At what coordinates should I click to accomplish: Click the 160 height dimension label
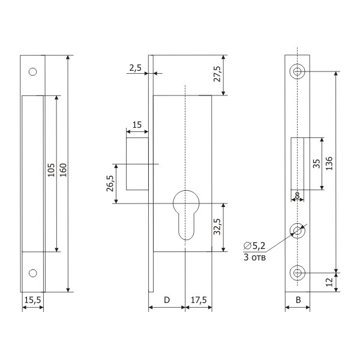63,170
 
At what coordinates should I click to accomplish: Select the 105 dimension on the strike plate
51,170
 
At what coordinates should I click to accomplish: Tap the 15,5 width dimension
32,300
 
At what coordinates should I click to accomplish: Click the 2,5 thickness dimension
135,68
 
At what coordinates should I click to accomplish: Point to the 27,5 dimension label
217,74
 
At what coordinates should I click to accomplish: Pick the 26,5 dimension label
110,184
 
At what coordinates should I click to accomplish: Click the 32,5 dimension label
217,227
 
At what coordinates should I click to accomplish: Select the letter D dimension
167,300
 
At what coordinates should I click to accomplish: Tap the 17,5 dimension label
199,300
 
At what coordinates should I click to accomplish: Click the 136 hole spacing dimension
329,163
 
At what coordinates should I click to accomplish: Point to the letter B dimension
298,300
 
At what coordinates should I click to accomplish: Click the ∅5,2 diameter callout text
254,246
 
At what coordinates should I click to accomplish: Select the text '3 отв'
254,257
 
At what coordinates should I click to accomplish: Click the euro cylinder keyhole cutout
186,215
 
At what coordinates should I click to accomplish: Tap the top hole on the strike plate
32,72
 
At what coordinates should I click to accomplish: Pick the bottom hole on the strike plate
32,273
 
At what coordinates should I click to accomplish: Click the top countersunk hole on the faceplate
298,71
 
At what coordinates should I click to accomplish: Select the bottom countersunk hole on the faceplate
298,273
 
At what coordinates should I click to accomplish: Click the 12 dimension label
329,282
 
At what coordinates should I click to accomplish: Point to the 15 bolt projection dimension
137,125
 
